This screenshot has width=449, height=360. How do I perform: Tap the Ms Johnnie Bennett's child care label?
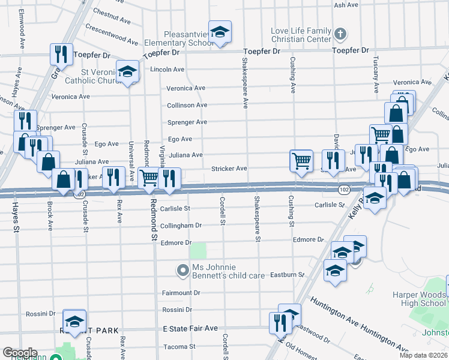click(x=228, y=271)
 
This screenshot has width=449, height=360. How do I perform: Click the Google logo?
click(x=20, y=353)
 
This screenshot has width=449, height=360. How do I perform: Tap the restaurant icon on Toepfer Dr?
click(x=61, y=54)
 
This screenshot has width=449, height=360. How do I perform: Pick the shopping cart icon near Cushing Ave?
click(x=301, y=160)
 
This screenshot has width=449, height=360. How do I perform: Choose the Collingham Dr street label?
click(x=181, y=226)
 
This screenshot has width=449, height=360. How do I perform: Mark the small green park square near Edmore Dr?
click(x=198, y=251)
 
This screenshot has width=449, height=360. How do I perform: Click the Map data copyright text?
click(x=423, y=355)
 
